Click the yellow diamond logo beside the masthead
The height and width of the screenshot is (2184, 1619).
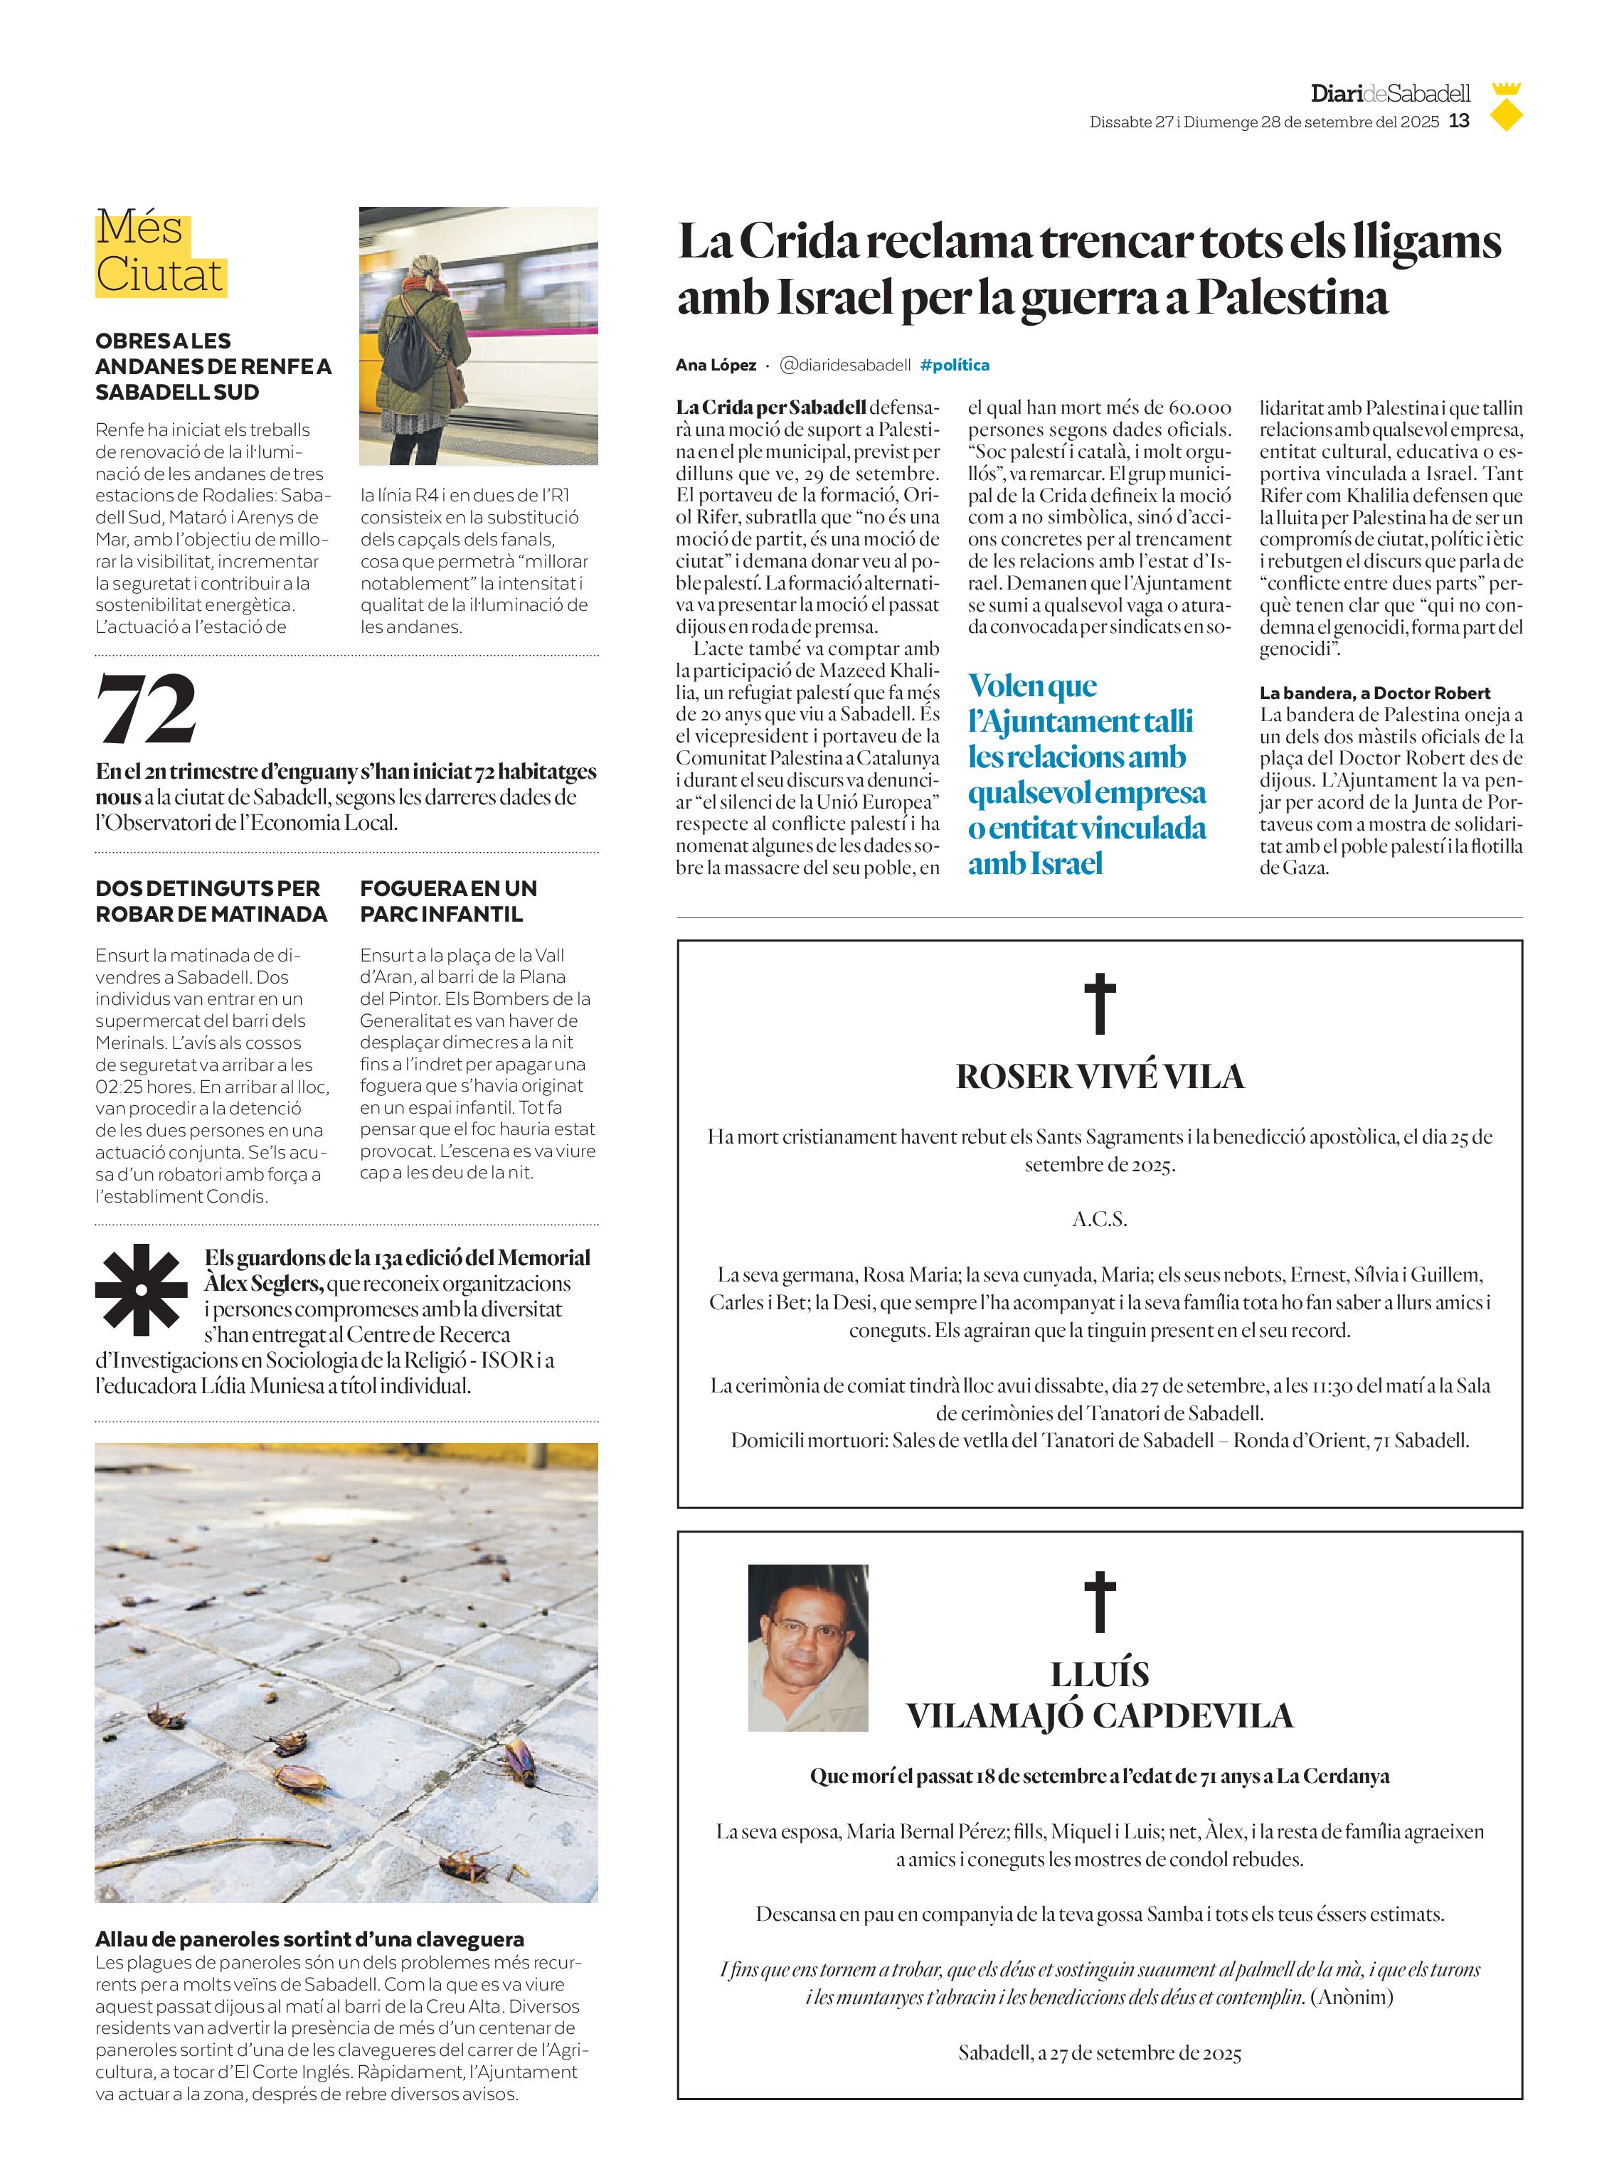click(1505, 117)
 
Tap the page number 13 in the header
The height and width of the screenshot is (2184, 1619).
click(1459, 122)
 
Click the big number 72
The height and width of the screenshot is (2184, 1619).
click(147, 708)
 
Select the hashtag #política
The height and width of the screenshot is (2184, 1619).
click(955, 365)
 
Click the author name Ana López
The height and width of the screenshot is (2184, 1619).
click(716, 365)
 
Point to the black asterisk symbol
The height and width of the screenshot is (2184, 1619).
click(141, 1289)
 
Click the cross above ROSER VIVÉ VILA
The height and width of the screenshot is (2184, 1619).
click(1100, 1003)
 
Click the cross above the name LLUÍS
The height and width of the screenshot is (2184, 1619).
click(1100, 1601)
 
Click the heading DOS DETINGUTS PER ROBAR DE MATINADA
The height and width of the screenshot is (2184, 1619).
click(211, 900)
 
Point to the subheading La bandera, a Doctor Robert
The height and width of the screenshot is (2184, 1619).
click(1374, 693)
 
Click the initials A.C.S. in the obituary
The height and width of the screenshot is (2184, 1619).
click(1100, 1219)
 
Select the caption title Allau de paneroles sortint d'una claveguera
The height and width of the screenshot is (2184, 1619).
click(309, 1938)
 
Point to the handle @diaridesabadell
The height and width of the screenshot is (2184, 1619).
click(845, 365)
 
